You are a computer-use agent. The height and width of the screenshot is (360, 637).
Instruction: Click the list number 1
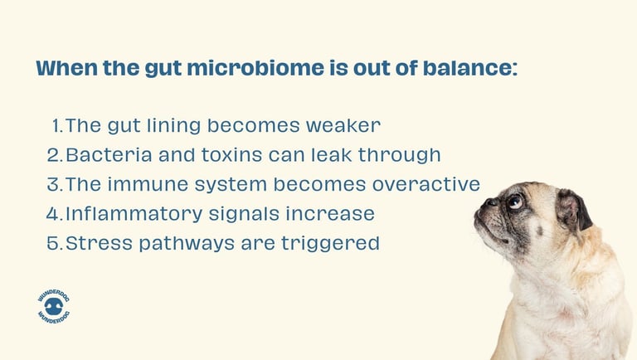point(56,126)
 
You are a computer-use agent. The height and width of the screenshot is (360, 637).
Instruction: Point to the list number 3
point(54,184)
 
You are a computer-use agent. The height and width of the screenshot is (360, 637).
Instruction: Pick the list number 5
point(54,243)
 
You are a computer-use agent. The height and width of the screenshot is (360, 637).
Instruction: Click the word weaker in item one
point(343,126)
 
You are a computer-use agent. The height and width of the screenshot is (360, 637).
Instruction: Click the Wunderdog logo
point(54,306)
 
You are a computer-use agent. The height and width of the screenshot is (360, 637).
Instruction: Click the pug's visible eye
point(515,202)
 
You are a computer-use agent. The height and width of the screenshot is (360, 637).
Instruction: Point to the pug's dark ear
point(573,210)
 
